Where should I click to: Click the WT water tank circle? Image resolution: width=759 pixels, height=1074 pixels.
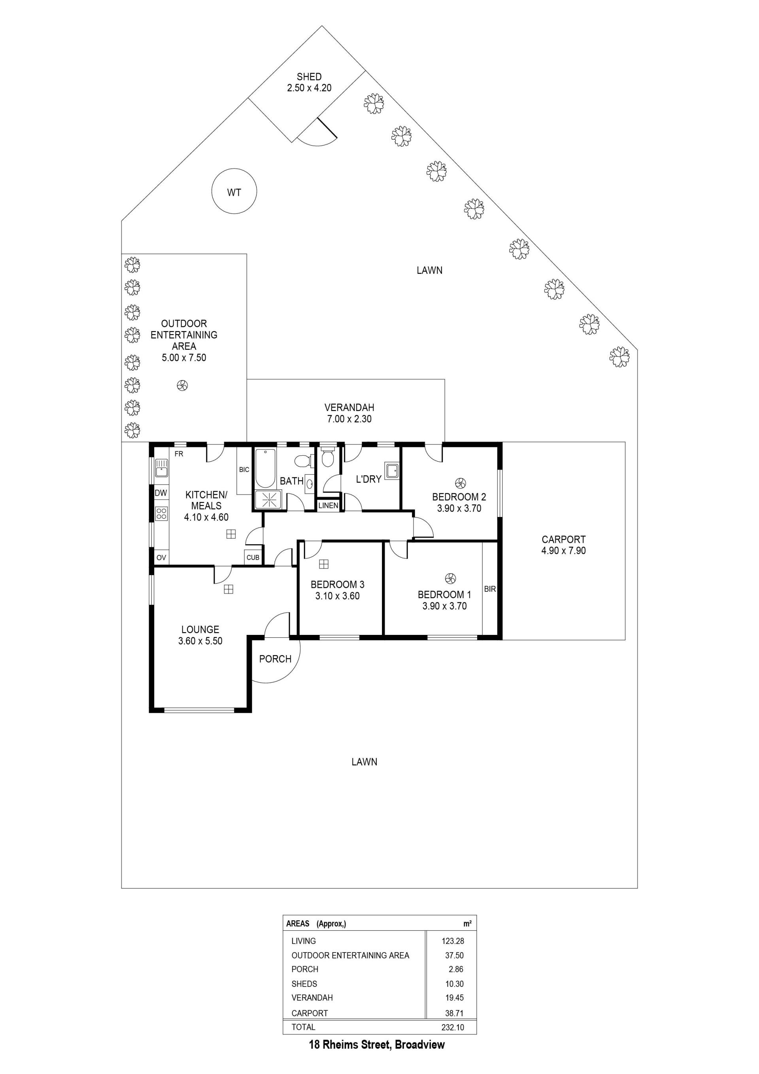point(234,169)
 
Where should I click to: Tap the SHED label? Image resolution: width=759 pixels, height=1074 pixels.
point(309,77)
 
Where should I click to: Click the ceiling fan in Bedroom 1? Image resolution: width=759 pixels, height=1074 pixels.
point(451,579)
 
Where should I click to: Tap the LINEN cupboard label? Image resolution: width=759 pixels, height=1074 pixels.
point(328,506)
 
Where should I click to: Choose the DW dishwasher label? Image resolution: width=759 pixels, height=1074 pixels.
point(161,492)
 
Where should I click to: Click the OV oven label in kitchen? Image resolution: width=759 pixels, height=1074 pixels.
point(161,558)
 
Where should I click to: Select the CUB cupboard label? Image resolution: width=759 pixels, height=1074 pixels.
point(253,558)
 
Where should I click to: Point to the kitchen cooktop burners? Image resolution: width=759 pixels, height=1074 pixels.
point(161,513)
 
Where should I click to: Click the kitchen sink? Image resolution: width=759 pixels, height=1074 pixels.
point(161,468)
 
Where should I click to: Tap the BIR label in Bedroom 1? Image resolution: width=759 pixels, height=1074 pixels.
point(490,589)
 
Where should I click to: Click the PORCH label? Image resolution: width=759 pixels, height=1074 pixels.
point(275,659)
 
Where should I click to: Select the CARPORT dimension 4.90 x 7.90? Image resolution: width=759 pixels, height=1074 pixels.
point(563,551)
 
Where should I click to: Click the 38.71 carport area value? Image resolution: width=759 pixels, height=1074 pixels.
point(455,1013)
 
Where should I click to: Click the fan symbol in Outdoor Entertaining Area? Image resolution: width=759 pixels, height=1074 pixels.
point(182,385)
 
